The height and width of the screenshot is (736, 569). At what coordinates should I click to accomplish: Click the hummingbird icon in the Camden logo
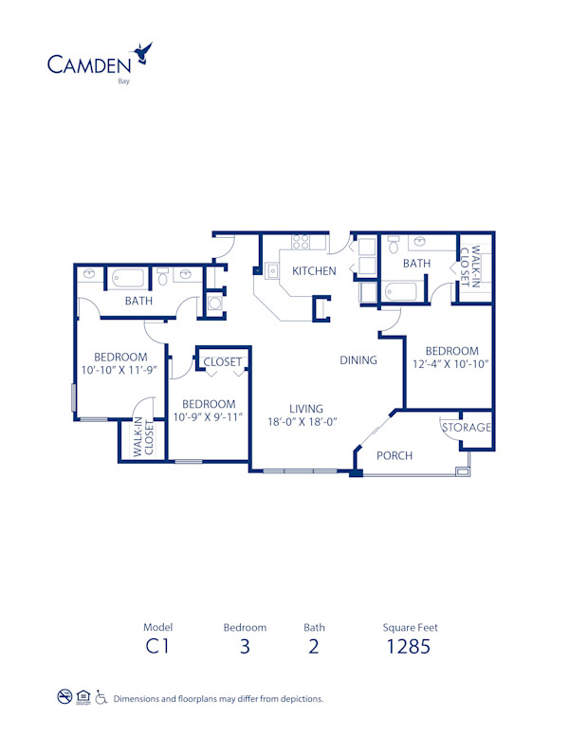[x=143, y=53]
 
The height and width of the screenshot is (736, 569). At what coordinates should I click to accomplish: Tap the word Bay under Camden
[x=123, y=82]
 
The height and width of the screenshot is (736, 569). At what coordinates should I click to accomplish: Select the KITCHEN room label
[x=314, y=271]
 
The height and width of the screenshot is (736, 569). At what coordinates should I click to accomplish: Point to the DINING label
[x=359, y=360]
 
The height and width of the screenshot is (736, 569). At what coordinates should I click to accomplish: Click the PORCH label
[x=395, y=455]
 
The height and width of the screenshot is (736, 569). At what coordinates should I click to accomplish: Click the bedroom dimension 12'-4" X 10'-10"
[x=450, y=364]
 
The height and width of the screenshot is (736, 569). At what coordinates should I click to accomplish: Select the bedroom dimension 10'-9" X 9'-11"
[x=209, y=417]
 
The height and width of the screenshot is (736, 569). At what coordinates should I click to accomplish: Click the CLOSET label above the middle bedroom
[x=223, y=361]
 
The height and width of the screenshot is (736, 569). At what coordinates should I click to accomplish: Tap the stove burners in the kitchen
[x=302, y=243]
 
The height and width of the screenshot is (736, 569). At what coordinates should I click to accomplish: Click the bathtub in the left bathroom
[x=128, y=279]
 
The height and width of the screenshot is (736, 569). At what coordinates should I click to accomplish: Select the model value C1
[x=157, y=648]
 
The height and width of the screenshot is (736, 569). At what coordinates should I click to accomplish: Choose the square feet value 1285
[x=410, y=648]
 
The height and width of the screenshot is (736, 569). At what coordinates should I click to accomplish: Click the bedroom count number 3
[x=245, y=648]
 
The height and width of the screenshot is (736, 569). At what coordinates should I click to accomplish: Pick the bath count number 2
[x=314, y=648]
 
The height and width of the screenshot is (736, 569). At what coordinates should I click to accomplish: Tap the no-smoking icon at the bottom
[x=64, y=698]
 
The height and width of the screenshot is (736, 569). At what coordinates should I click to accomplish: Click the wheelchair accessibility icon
[x=101, y=698]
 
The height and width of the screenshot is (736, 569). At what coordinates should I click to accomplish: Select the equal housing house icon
[x=83, y=698]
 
